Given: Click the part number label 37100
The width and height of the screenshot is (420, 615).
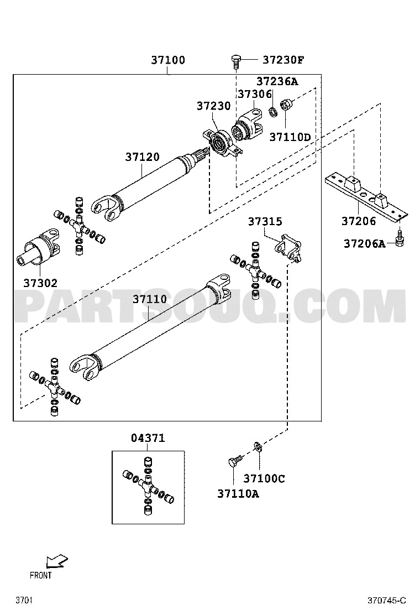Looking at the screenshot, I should tap(168, 60).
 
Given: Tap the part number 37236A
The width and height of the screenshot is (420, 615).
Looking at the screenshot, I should tap(276, 81).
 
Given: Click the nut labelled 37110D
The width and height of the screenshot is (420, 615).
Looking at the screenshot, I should tap(287, 104).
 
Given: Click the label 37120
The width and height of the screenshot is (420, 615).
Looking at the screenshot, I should tap(142, 157).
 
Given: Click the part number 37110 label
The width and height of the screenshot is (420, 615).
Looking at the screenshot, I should tap(149, 299).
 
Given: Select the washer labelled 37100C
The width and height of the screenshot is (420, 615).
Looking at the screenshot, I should tap(258, 447).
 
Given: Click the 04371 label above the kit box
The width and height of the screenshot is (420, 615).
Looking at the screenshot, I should tap(148, 438).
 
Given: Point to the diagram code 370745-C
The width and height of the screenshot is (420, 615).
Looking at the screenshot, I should tap(387, 600).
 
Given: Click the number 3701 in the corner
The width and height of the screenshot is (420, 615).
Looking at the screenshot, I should tap(23, 600).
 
